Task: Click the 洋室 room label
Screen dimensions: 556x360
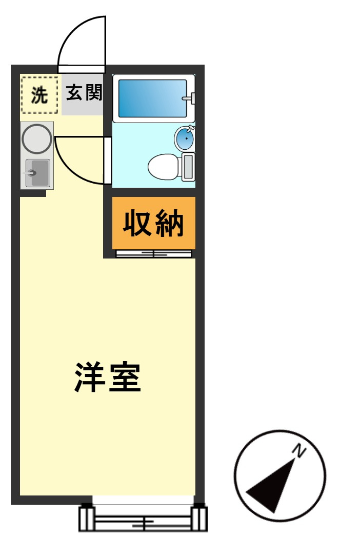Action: click(108, 378)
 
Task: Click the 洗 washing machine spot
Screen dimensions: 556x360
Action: click(39, 95)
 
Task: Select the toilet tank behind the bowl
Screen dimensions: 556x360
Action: click(188, 167)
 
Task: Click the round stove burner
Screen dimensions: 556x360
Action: click(37, 138)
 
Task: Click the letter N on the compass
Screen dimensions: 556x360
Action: click(298, 450)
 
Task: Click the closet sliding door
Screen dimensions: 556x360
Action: click(154, 253)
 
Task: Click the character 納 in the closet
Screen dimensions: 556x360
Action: click(170, 224)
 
